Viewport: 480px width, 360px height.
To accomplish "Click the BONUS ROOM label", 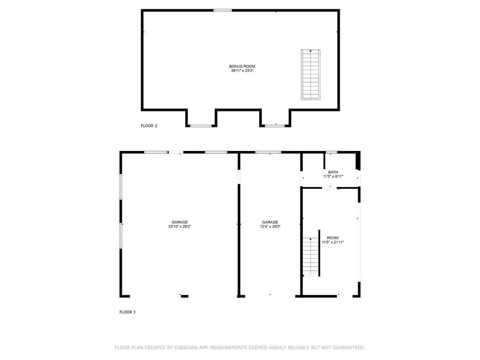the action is pyautogui.click(x=242, y=66).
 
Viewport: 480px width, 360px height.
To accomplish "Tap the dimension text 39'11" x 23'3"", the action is pyautogui.click(x=242, y=71).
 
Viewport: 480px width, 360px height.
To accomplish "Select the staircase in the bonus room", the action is pyautogui.click(x=310, y=75).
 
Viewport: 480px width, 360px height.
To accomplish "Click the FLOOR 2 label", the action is pyautogui.click(x=149, y=126).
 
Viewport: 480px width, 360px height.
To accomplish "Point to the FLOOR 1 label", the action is pyautogui.click(x=127, y=312).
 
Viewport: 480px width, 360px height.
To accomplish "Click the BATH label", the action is pyautogui.click(x=333, y=172).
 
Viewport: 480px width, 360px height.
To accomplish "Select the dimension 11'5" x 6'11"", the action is pyautogui.click(x=333, y=176).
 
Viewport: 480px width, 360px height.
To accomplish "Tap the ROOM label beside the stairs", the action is pyautogui.click(x=333, y=238).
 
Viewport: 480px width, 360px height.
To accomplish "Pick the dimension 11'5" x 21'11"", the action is pyautogui.click(x=333, y=242).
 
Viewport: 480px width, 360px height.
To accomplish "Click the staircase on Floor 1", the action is pyautogui.click(x=311, y=256).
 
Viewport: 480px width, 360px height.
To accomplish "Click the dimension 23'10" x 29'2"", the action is pyautogui.click(x=180, y=226).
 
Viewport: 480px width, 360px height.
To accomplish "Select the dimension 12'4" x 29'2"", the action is pyautogui.click(x=270, y=226).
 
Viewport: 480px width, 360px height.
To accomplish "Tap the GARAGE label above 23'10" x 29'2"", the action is pyautogui.click(x=180, y=222).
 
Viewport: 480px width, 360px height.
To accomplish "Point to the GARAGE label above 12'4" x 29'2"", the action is pyautogui.click(x=270, y=222).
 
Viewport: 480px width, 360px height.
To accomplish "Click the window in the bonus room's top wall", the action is pyautogui.click(x=223, y=10).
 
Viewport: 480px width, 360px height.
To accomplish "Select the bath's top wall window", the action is pyautogui.click(x=331, y=152).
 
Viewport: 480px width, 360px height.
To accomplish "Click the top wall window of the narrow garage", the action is pyautogui.click(x=268, y=152).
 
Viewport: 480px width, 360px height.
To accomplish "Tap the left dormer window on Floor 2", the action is pyautogui.click(x=201, y=126).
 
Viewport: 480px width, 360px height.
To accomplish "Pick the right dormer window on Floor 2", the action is pyautogui.click(x=275, y=126).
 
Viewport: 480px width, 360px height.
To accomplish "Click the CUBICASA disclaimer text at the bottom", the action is pyautogui.click(x=240, y=347).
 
